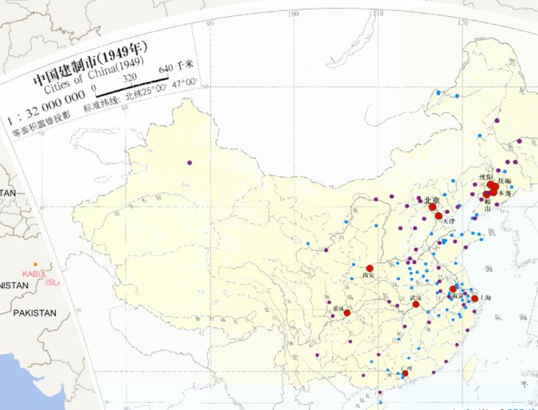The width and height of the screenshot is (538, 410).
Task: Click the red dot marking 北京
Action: (432, 207)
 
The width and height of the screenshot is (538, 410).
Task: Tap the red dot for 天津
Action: (439, 216)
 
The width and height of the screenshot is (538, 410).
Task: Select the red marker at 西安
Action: (369, 268)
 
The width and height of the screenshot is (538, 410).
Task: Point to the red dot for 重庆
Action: (347, 313)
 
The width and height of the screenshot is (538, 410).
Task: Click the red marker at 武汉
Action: (415, 304)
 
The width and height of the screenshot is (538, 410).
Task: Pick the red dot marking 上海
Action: (474, 299)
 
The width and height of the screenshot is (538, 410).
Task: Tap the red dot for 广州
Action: (405, 374)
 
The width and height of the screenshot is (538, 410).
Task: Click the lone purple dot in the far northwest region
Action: (190, 163)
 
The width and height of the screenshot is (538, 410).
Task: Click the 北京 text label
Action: (431, 200)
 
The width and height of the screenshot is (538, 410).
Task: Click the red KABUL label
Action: (33, 274)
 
